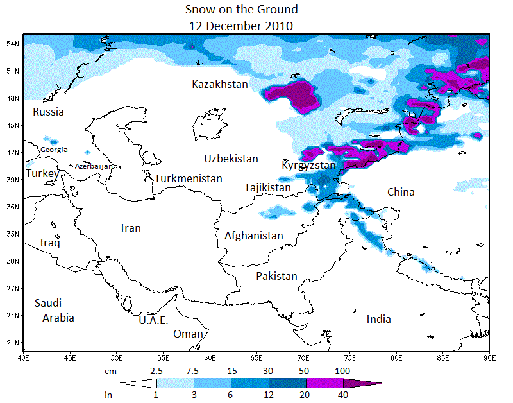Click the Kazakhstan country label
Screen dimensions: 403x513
(219, 84)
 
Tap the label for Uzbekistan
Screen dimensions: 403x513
(231, 159)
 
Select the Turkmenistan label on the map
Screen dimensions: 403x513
(189, 178)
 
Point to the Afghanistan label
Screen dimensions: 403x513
(253, 236)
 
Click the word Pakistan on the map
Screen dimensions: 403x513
(276, 276)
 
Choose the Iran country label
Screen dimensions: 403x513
(131, 228)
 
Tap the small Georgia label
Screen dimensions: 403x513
(53, 150)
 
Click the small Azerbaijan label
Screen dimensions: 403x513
(94, 166)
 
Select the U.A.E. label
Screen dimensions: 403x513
(153, 320)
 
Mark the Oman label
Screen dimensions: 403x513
(188, 334)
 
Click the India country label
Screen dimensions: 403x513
(378, 319)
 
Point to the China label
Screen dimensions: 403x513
(401, 192)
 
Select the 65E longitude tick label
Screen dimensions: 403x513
(256, 357)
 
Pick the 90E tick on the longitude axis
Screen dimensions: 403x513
(489, 357)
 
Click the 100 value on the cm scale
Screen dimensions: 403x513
(342, 371)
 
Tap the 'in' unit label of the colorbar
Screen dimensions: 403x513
(109, 395)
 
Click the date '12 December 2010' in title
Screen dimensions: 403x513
(240, 26)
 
